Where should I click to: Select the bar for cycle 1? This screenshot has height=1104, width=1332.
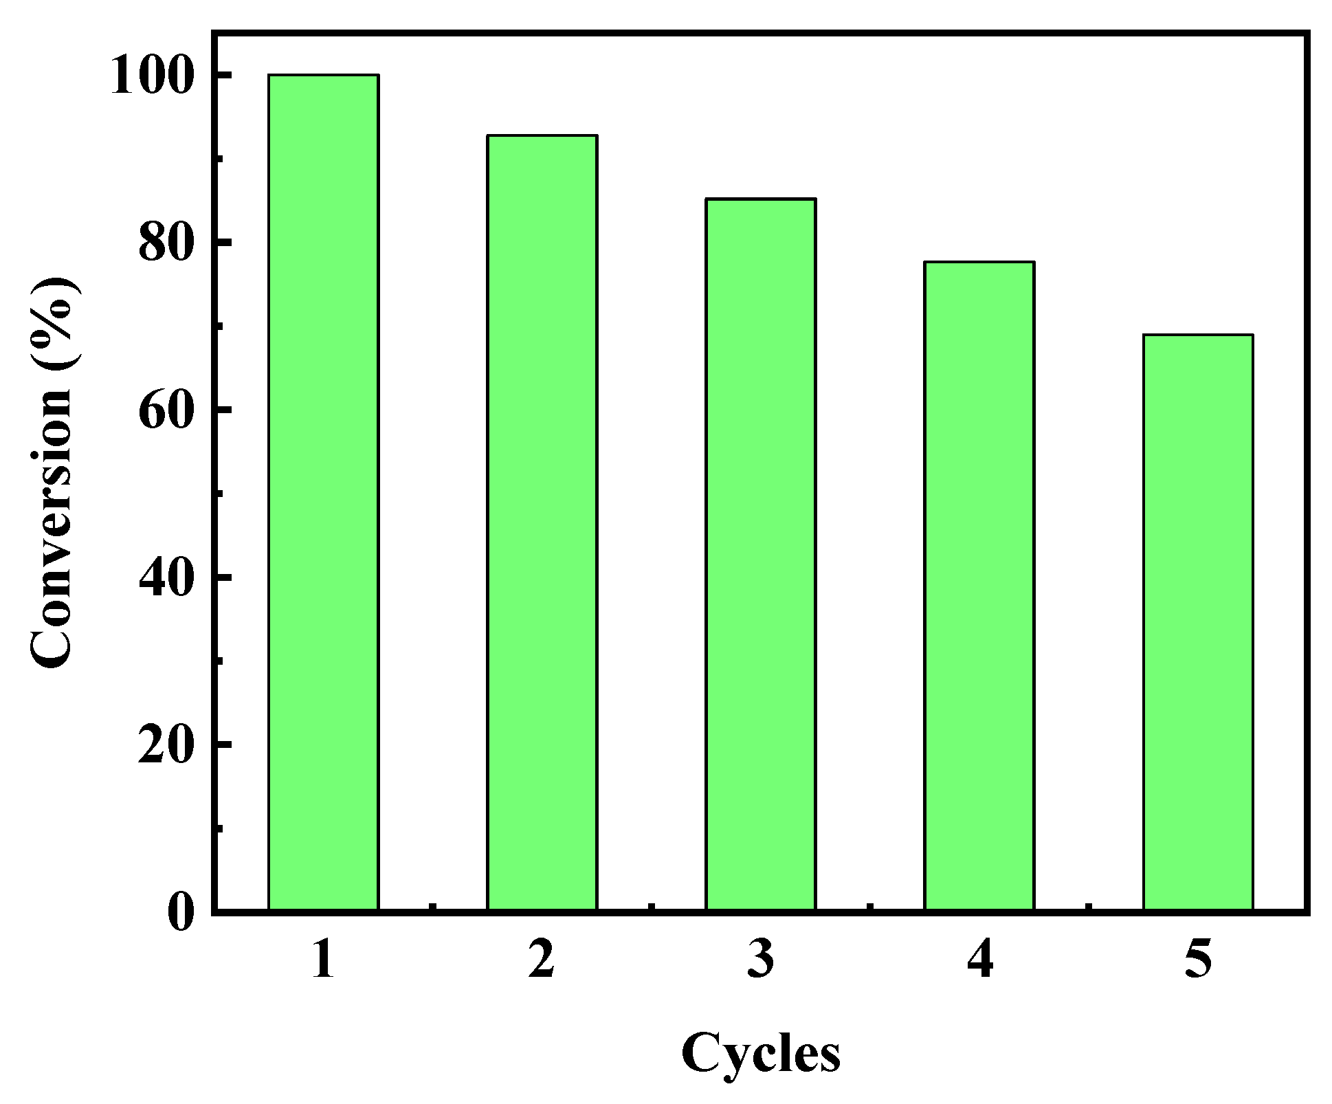pyautogui.click(x=323, y=492)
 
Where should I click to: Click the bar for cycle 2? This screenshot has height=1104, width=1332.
pyautogui.click(x=542, y=522)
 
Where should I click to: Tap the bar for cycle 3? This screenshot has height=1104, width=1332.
pyautogui.click(x=760, y=554)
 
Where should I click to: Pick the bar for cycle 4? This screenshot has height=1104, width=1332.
pyautogui.click(x=979, y=586)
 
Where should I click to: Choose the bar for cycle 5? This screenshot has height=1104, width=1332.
pyautogui.click(x=1197, y=622)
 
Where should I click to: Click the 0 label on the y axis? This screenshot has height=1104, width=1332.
pyautogui.click(x=180, y=912)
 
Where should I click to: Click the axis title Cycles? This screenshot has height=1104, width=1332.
pyautogui.click(x=760, y=1052)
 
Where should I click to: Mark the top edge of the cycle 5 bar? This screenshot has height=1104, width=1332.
pyautogui.click(x=1197, y=335)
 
